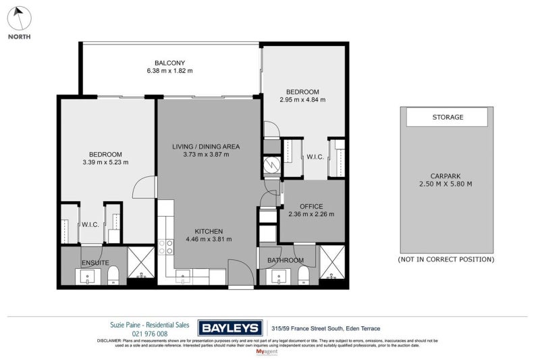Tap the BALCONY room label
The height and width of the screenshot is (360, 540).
(169, 62)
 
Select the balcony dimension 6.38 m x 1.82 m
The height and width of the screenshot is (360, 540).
(169, 71)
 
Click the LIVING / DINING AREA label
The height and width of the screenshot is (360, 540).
(206, 146)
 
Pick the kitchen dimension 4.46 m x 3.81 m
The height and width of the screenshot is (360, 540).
(209, 239)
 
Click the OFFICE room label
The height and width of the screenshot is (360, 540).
(311, 207)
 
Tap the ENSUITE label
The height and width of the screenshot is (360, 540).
(96, 263)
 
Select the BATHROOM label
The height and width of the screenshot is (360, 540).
(285, 260)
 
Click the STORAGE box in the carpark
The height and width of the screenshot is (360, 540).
(447, 117)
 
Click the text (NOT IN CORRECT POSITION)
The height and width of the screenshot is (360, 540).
(446, 259)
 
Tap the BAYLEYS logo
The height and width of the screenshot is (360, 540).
(230, 328)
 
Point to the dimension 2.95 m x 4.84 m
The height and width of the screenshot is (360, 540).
(302, 100)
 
